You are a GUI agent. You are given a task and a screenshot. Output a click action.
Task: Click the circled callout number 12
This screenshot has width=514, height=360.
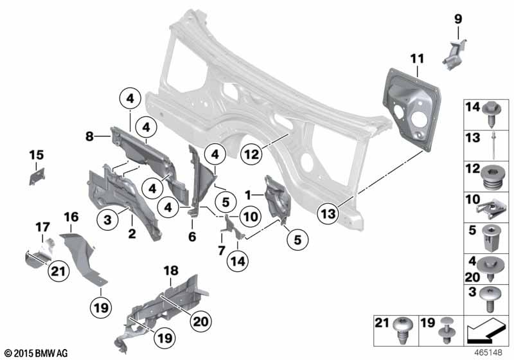coord(252,154)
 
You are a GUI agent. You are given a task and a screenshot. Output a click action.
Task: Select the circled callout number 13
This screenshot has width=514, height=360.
coord(328,214)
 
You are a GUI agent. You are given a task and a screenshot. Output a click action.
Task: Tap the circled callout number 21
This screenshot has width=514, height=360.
coord(58,271)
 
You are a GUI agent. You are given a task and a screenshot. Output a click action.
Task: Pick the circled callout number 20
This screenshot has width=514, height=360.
coord(200,321)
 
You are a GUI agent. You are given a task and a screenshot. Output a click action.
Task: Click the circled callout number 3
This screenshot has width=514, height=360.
coord(107,219)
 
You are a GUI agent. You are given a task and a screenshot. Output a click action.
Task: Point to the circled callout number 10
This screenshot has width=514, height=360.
coord(251,217)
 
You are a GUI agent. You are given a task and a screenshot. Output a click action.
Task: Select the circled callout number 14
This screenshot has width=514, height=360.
coord(238,261)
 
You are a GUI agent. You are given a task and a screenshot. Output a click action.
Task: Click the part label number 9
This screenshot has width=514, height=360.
coord(458,19)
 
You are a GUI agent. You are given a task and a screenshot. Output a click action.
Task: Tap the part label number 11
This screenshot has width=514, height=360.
coord(417,59)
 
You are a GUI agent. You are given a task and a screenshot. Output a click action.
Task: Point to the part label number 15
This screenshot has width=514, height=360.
coord(37,155)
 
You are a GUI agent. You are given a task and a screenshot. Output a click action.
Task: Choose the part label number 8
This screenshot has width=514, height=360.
coord(89,136)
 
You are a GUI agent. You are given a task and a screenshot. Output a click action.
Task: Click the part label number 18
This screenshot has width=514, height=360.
coord(171,271)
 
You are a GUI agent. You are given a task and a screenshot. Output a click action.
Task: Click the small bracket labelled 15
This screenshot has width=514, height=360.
coord(37,176)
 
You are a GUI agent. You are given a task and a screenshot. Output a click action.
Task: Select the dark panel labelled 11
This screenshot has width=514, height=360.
coord(412,109)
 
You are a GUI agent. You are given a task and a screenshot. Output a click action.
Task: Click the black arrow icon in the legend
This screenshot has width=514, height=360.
coord(486,331)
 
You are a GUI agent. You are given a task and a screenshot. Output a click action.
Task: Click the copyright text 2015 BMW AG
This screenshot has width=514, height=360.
coord(37,353)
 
